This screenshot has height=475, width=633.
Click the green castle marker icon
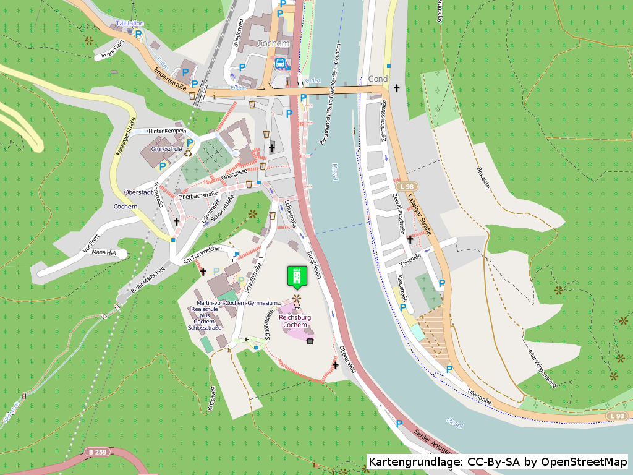tap(297, 276)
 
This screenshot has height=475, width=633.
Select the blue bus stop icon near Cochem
tap(280, 62)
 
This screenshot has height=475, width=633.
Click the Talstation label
tap(129, 23)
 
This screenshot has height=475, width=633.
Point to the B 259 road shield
tap(98, 452)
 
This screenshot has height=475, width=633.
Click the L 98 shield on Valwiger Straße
tap(407, 186)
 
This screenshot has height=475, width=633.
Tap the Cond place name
tap(378, 79)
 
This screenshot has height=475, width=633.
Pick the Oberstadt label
tap(138, 192)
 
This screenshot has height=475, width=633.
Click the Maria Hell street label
tap(104, 252)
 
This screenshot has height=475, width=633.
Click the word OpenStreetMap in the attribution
tap(584, 462)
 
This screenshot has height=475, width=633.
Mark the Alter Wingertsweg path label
tap(542, 368)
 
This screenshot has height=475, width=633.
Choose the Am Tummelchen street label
tap(202, 254)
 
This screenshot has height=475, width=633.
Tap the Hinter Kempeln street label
tap(167, 131)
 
